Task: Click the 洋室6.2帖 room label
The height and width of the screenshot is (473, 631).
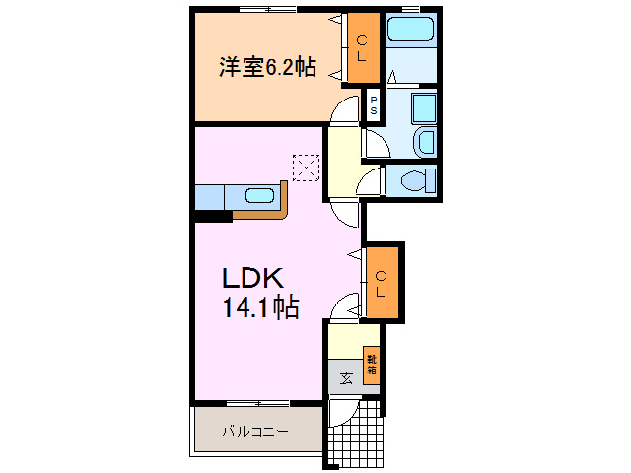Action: [x=266, y=67]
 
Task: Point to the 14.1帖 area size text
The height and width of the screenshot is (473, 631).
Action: [x=259, y=308]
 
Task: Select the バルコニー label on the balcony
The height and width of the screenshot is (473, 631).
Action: [x=254, y=432]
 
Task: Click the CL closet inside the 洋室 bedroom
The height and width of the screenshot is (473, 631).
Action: [x=362, y=48]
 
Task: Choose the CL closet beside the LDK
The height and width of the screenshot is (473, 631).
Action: [x=381, y=282]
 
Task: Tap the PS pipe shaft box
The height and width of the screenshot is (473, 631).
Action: [x=374, y=104]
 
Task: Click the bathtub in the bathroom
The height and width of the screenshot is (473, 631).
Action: [x=411, y=29]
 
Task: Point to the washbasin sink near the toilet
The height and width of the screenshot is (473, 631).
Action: [x=425, y=142]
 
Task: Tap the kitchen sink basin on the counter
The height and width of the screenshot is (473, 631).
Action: [x=259, y=195]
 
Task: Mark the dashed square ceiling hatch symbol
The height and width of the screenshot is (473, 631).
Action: [x=307, y=168]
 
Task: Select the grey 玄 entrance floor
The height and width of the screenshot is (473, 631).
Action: [x=346, y=377]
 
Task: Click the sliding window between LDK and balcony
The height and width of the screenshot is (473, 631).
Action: [x=257, y=403]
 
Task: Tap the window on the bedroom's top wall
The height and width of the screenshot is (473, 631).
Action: [x=267, y=9]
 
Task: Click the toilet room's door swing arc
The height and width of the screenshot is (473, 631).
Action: [x=370, y=179]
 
